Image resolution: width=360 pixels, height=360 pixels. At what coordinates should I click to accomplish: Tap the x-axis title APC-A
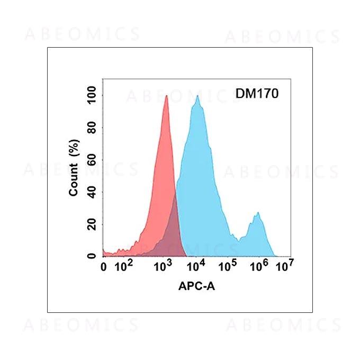[196, 286]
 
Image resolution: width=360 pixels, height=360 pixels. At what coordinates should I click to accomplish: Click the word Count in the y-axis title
[74, 181]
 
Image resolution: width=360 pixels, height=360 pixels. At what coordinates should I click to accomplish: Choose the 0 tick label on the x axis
[104, 267]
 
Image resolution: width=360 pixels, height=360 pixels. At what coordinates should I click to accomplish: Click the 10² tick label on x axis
[124, 266]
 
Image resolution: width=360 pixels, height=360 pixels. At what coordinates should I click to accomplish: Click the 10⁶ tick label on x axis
[258, 266]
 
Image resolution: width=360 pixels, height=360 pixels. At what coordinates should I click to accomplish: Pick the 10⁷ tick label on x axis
[286, 266]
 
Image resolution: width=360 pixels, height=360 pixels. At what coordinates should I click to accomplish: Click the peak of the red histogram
[166, 96]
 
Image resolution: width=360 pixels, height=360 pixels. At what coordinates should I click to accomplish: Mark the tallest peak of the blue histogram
[197, 96]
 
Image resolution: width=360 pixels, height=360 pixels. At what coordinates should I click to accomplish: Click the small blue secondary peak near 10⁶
[258, 213]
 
